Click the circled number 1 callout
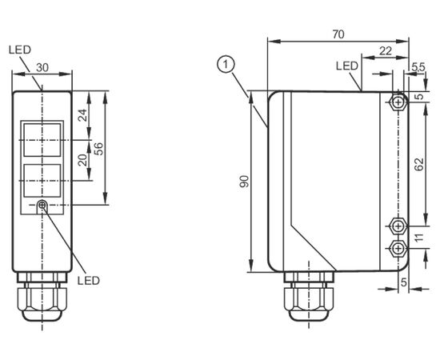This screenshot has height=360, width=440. (226, 65)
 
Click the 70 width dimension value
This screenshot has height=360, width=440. (338, 34)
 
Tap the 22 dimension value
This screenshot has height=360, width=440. (386, 50)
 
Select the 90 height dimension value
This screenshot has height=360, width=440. (244, 182)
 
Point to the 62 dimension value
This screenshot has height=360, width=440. (419, 164)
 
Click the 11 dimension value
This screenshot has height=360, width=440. (418, 238)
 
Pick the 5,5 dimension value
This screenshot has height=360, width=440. (418, 67)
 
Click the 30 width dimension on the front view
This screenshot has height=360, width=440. (42, 67)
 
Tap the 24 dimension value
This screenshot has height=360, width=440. (82, 115)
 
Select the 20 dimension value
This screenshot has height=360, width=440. (82, 160)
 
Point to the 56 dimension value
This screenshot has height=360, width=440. (98, 149)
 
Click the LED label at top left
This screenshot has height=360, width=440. (20, 50)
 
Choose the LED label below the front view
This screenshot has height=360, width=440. (89, 280)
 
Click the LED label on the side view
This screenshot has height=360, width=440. (347, 66)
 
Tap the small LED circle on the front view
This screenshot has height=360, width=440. (42, 205)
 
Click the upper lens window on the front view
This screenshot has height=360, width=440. (42, 140)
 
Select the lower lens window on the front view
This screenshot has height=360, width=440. (42, 181)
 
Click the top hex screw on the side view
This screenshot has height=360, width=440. (398, 102)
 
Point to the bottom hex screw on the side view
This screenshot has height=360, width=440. (398, 248)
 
